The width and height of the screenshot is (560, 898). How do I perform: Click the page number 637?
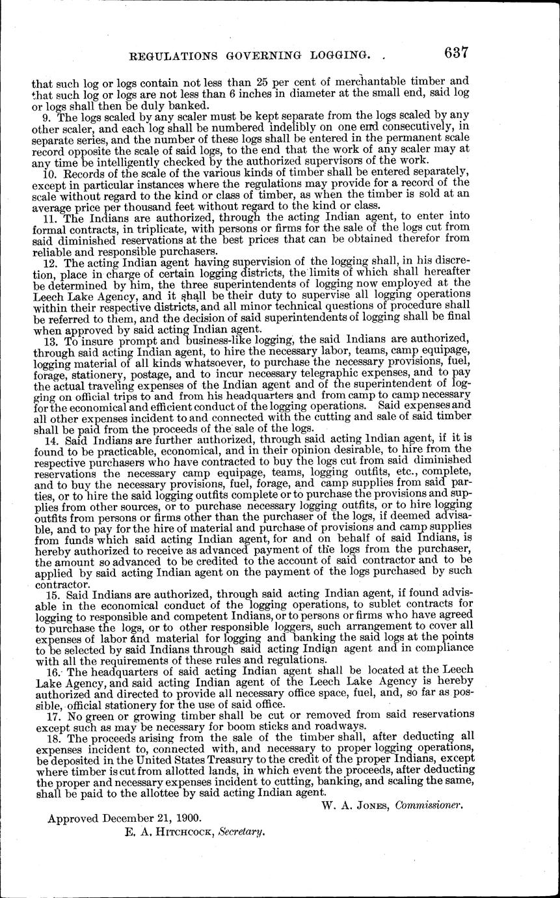click(448, 54)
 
